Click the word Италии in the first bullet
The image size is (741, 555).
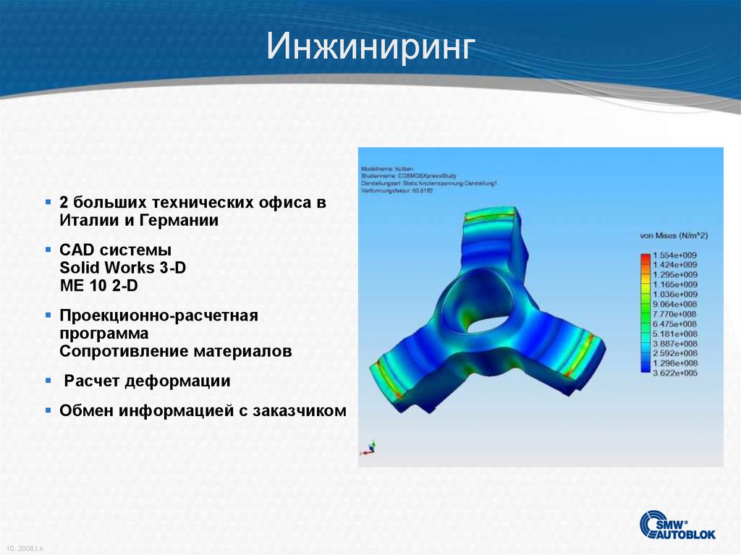[85, 220]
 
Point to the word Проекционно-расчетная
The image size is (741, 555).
[159, 316]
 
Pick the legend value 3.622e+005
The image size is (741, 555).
[674, 373]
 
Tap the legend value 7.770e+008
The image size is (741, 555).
[674, 314]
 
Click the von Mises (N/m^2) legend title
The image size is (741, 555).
[673, 236]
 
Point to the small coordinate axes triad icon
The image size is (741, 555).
[370, 446]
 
